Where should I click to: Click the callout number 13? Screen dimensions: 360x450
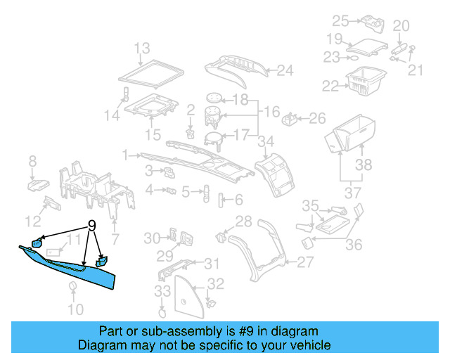142,48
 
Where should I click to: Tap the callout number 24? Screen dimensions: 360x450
285,70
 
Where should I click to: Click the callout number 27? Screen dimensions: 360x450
305,262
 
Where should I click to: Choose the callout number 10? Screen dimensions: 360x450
75,309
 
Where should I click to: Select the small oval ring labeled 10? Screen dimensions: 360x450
72,286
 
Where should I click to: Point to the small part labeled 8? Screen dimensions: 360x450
37,185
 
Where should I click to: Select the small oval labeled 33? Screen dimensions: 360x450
162,307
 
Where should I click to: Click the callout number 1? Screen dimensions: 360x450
125,154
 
